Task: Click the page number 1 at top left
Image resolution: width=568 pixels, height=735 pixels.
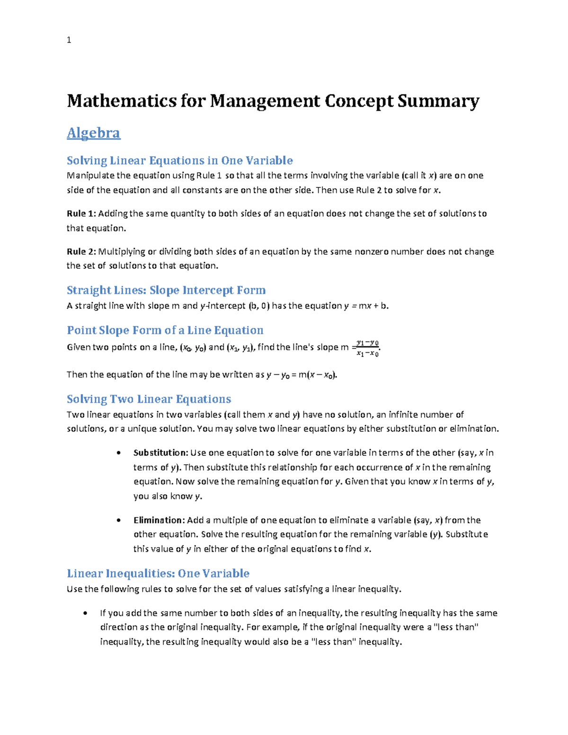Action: tap(69, 40)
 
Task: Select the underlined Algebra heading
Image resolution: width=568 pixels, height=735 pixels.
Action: tap(93, 133)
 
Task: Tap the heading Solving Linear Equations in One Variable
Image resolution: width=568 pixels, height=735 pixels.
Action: tap(179, 160)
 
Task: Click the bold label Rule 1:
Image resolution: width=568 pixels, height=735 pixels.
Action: tap(81, 213)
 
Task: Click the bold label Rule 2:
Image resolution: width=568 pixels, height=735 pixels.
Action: tap(81, 251)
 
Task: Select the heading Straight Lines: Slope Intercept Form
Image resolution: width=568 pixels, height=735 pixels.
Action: tap(166, 290)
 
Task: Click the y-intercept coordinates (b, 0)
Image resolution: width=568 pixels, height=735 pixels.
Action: tap(258, 306)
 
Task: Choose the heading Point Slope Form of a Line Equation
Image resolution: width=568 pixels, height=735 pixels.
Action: tap(165, 330)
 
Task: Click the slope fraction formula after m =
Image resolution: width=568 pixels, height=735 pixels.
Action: tap(368, 348)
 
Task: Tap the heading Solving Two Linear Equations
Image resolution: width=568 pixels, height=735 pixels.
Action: tap(149, 399)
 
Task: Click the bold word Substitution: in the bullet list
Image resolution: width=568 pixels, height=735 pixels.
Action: tap(160, 452)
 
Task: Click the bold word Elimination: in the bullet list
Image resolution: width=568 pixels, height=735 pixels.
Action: tap(159, 520)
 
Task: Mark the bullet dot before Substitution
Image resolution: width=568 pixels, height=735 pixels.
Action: tap(118, 453)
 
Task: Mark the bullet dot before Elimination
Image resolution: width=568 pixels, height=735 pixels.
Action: tap(118, 521)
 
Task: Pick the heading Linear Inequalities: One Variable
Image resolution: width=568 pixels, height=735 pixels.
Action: tap(158, 574)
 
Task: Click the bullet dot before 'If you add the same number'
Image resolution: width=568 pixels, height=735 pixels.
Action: tap(85, 613)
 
